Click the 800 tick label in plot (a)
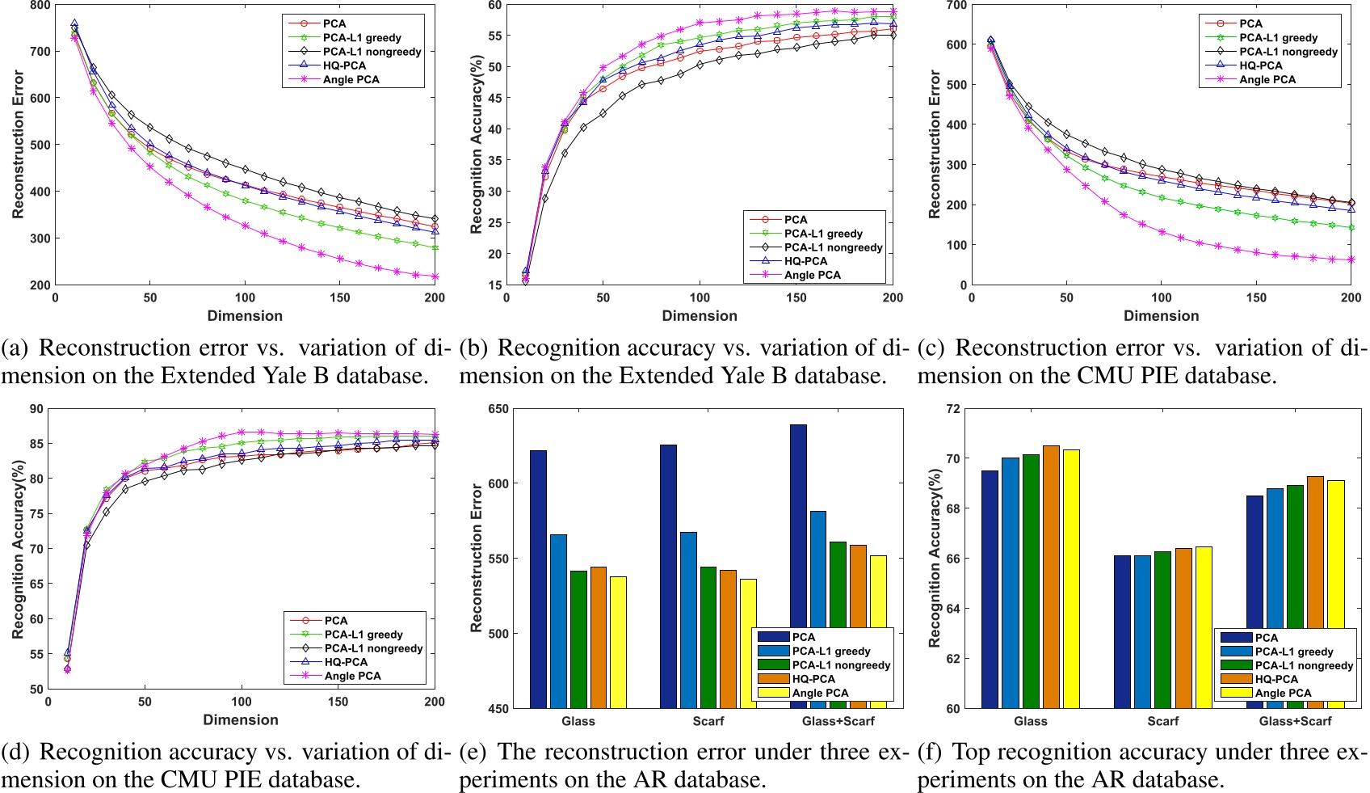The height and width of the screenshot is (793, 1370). tap(40, 6)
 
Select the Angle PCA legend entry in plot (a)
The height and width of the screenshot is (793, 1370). tap(351, 79)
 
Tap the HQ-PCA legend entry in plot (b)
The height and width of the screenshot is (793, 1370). tap(805, 261)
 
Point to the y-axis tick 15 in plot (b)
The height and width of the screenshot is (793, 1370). tap(494, 285)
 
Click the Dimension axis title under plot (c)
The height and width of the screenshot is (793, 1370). tap(1161, 316)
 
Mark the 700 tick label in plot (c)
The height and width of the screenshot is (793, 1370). tap(956, 6)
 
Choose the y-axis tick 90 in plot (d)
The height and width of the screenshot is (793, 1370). tap(36, 409)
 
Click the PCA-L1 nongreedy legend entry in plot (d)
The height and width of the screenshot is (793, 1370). tap(373, 648)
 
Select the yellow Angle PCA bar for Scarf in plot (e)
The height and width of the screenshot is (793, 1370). tap(748, 643)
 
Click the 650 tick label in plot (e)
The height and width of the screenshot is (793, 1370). tap(498, 409)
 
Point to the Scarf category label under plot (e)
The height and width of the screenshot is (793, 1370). tap(708, 721)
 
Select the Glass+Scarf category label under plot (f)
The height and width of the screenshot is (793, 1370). tap(1295, 721)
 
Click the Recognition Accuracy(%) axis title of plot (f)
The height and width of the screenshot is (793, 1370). tap(935, 558)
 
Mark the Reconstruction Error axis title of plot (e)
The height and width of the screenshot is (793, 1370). tap(477, 558)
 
